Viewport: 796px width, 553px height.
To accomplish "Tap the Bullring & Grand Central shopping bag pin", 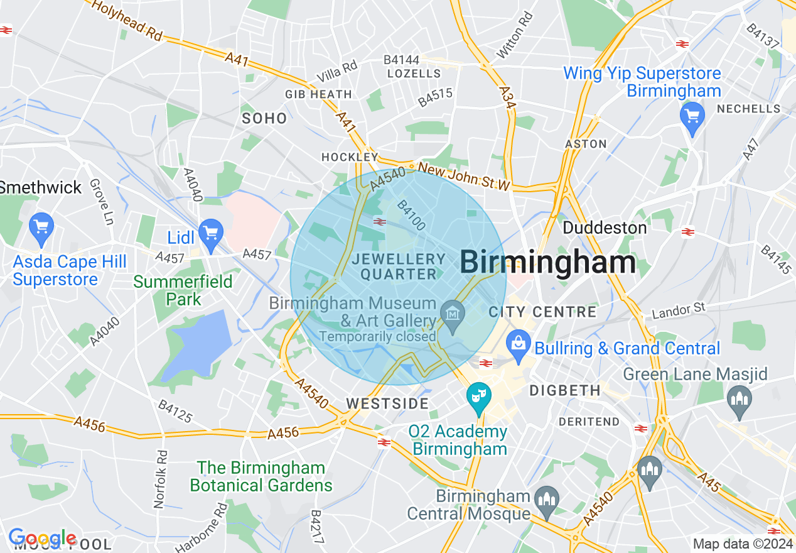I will pyautogui.click(x=519, y=345).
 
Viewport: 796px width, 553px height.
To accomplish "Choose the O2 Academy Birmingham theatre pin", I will pyautogui.click(x=478, y=397).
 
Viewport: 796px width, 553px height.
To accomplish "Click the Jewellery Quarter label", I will pyautogui.click(x=398, y=266).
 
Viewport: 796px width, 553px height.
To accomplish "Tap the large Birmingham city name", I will pyautogui.click(x=548, y=262).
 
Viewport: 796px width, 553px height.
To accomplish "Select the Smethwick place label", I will pyautogui.click(x=40, y=187).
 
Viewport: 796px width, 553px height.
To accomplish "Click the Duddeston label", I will pyautogui.click(x=605, y=227).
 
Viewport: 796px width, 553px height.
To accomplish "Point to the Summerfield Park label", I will pyautogui.click(x=183, y=290).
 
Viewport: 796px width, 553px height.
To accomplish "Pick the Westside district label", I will pyautogui.click(x=387, y=403).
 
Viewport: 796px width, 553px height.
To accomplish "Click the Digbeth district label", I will pyautogui.click(x=565, y=391).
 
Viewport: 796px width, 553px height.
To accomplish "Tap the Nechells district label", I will pyautogui.click(x=748, y=109).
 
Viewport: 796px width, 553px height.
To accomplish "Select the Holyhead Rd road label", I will pyautogui.click(x=127, y=19).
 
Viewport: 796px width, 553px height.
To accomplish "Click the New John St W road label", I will pyautogui.click(x=463, y=177).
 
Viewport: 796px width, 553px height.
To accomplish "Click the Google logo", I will pyautogui.click(x=42, y=539).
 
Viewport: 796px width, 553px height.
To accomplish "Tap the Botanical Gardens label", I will pyautogui.click(x=261, y=476).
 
